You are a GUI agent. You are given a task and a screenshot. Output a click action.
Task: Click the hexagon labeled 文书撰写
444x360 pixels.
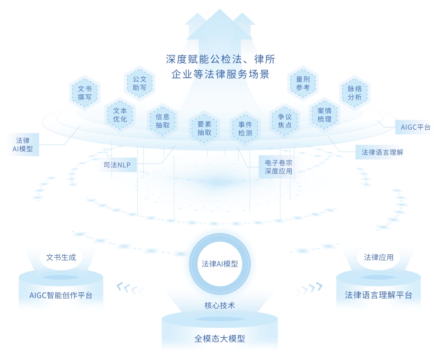point(85,93)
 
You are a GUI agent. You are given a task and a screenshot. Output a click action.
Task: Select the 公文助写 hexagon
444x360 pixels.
point(139,83)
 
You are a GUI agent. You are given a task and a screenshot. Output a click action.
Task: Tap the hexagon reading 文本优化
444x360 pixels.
point(120,115)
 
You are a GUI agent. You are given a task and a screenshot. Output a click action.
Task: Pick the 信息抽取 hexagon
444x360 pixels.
point(163,121)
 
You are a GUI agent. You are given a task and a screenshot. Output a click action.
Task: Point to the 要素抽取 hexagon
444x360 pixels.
point(204,128)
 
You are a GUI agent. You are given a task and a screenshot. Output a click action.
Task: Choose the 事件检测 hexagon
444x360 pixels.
point(245,129)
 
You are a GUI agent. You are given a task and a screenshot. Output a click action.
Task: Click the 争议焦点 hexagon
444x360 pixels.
point(285,121)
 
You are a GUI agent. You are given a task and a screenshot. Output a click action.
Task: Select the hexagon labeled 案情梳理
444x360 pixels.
point(324,115)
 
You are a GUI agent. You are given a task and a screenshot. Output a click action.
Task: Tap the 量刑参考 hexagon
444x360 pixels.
point(303,83)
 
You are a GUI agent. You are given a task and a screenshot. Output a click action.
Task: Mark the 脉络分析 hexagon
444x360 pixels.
point(355,93)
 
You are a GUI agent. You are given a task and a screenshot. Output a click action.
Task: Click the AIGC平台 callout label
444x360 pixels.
point(415,127)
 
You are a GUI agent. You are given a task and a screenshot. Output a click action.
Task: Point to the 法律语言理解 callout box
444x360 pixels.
point(382,152)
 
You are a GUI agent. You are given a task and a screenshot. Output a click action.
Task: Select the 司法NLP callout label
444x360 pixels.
point(117,165)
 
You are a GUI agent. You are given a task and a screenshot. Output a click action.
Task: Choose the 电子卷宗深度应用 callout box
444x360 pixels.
point(279,167)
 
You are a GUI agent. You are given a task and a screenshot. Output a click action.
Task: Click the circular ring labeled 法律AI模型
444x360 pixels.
point(220,264)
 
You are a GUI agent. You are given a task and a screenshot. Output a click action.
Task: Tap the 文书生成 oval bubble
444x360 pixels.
point(61,257)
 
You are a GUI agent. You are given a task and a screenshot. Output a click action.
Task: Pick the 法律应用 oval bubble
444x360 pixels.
point(378,257)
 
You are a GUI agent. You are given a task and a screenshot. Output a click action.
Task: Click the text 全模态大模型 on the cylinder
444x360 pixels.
point(220,338)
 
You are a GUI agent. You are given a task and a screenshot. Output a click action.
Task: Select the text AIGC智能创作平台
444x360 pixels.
point(61,295)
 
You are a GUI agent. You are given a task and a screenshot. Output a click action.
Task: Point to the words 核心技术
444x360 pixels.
point(220,306)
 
